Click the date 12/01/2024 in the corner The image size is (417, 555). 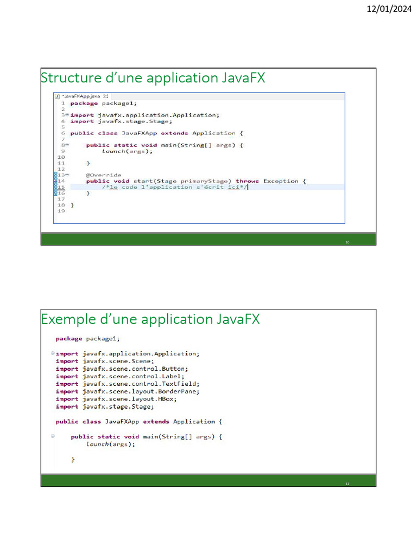point(389,9)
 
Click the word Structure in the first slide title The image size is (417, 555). point(71,78)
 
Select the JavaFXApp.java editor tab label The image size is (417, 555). point(81,96)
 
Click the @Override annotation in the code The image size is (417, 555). point(104,175)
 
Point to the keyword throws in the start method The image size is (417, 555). point(247,181)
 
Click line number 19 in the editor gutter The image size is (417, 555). point(61,211)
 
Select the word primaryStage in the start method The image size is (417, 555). point(204,181)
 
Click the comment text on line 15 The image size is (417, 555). point(175,187)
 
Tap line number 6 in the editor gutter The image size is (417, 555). point(63,133)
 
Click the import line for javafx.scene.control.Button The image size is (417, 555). point(122,369)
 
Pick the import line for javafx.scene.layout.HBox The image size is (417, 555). point(116,399)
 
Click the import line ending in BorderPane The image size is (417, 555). point(128,391)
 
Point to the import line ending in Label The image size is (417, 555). point(120,376)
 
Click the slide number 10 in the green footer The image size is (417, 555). point(347,242)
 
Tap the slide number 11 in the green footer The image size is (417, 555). point(347,484)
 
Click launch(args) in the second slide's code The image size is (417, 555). point(111,444)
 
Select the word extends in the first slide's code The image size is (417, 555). point(174,133)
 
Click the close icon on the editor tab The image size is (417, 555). point(106,96)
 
